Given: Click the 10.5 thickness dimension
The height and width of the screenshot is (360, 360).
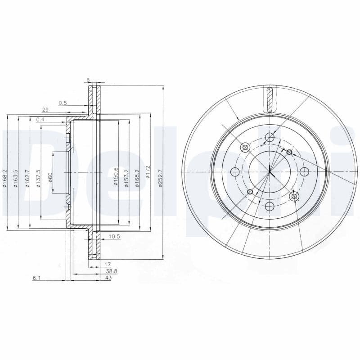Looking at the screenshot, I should click(x=114, y=237).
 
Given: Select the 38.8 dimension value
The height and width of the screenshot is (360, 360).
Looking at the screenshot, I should click(x=111, y=271).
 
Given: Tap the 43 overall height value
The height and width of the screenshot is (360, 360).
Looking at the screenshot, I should click(x=108, y=278).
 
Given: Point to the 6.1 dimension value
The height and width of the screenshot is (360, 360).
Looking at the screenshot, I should click(x=36, y=278).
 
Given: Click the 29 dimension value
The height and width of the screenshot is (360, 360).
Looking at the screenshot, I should click(x=45, y=110).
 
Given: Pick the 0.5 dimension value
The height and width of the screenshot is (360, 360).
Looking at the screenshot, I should click(x=63, y=103).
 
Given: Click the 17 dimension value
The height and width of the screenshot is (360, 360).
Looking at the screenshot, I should click(x=108, y=265).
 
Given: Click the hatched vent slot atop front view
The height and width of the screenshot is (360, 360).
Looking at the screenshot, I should click(x=270, y=100).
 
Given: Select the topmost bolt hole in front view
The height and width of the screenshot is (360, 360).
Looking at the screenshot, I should click(x=270, y=137).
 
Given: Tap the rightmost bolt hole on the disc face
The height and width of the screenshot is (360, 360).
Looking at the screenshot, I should click(x=304, y=171).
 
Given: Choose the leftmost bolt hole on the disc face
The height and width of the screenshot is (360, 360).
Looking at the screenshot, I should click(x=235, y=171).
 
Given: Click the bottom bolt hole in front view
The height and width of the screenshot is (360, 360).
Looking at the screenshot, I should click(x=270, y=206).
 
